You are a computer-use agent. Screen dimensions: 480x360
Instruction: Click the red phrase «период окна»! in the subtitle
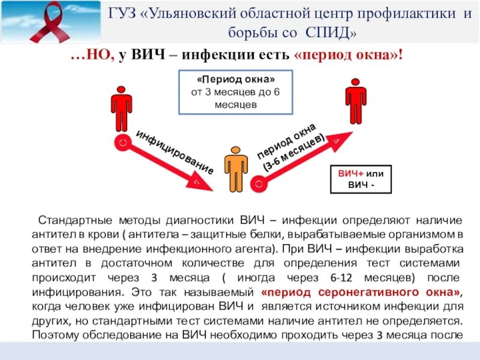coord(349,56)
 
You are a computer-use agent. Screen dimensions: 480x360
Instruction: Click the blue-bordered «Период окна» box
coord(236,92)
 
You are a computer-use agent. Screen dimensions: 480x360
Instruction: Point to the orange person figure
coord(236,169)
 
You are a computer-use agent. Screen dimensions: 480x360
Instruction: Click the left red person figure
coord(121,108)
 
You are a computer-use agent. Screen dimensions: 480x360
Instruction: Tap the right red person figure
coord(355,100)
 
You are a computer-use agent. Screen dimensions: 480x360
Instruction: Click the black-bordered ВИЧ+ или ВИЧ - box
coord(361,179)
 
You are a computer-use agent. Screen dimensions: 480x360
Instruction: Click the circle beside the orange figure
coord(258,181)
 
